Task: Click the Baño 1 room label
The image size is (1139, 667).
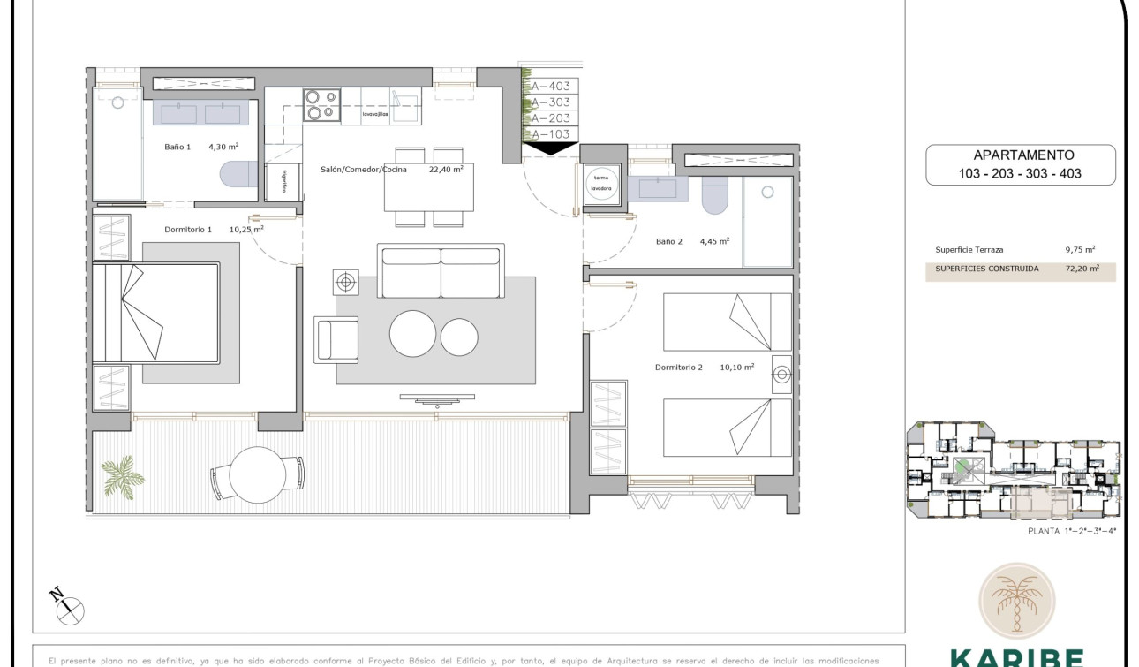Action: [177, 148]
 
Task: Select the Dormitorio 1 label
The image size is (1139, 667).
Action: [188, 230]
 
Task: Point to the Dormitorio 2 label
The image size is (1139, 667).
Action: [679, 368]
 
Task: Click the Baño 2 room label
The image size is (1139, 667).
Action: [669, 241]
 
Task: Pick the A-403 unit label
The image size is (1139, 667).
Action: [550, 87]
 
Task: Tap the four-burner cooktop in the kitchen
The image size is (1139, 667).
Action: [321, 105]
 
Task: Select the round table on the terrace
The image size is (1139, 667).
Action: [256, 475]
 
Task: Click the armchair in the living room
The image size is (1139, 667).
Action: [336, 340]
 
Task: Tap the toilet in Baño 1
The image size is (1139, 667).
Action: [237, 174]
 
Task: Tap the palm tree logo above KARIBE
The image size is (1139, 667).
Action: [1015, 601]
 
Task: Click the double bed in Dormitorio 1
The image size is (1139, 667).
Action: [157, 313]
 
